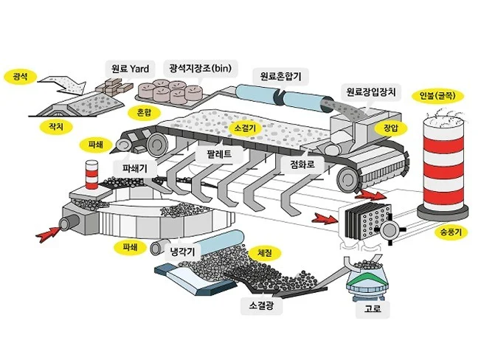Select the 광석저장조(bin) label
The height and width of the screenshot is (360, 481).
click(200, 68)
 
